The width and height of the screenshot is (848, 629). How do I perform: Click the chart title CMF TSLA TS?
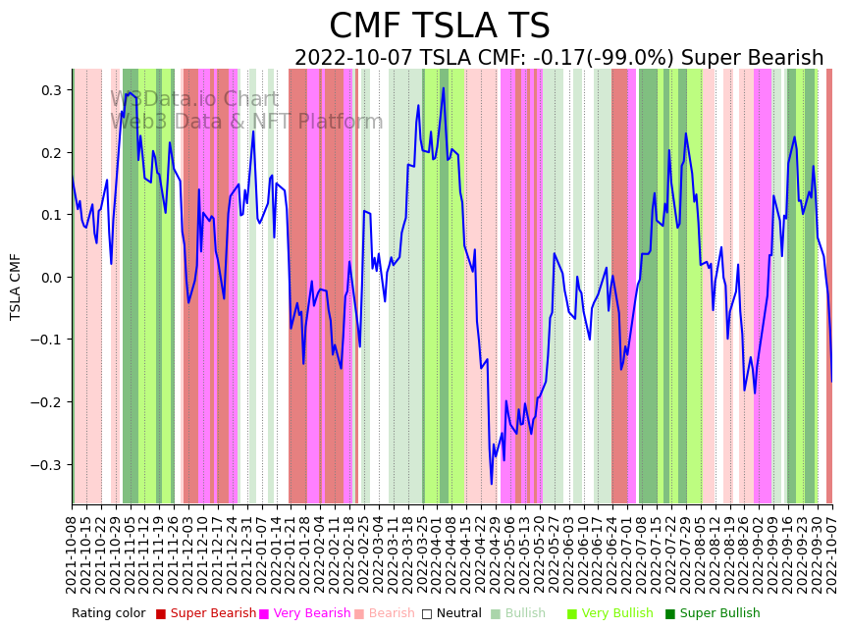(x=439, y=26)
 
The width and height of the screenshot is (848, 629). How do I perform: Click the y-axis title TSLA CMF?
(x=16, y=287)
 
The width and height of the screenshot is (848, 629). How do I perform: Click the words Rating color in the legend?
(x=108, y=614)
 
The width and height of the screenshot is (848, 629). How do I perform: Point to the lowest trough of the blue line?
(x=492, y=484)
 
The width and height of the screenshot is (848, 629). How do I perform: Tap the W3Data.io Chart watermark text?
(x=194, y=99)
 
